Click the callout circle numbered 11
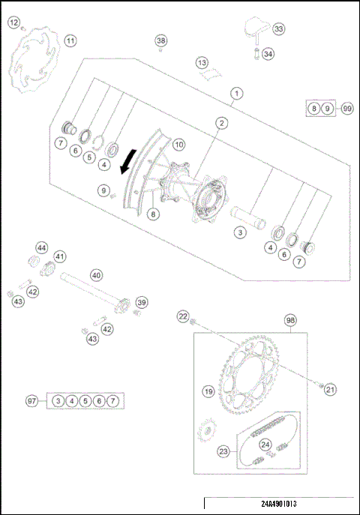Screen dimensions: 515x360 tap(70, 40)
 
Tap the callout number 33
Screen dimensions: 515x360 tap(278, 29)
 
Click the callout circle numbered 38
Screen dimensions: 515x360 tap(160, 40)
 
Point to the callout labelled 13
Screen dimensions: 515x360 tap(202, 62)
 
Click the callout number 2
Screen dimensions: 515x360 tap(222, 123)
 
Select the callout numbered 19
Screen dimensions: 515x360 tap(208, 391)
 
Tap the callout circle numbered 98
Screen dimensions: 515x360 tap(290, 320)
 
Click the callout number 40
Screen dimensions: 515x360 tap(95, 274)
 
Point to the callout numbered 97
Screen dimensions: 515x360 tap(31, 402)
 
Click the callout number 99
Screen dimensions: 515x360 tap(346, 109)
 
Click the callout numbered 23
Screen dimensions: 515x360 tap(222, 451)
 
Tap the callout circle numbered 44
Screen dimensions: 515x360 tap(41, 247)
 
